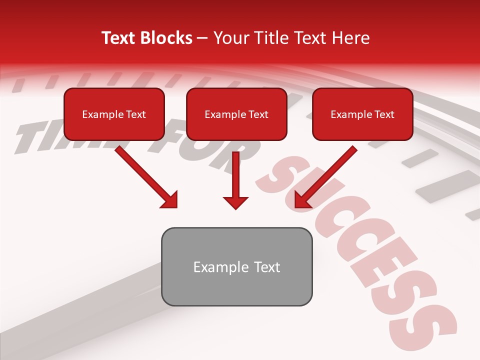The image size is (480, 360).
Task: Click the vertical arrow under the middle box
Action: point(235,177)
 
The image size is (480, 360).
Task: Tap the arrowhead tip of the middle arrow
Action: point(235,207)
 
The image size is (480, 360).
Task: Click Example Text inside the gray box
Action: point(236,267)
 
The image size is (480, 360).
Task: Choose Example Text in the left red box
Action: point(114,114)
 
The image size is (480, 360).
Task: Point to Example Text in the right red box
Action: point(362,114)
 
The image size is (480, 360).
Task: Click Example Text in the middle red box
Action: point(236,114)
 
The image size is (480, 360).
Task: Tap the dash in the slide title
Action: point(202,38)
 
